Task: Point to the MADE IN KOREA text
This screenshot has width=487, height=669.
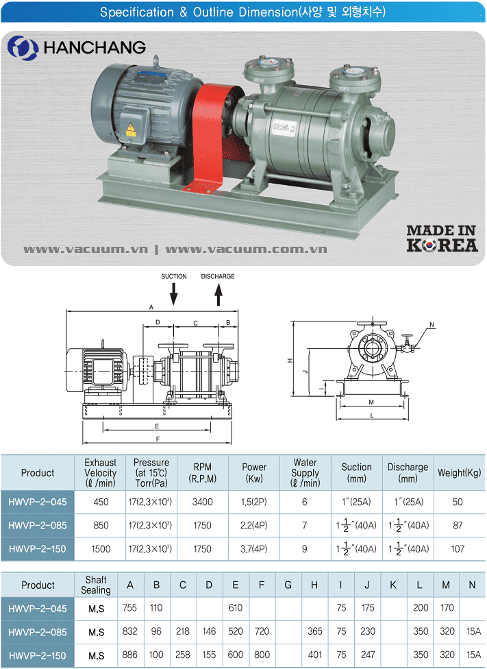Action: pos(442,239)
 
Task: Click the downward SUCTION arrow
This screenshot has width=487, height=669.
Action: pos(173,294)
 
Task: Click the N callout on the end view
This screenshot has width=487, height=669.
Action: pos(432,325)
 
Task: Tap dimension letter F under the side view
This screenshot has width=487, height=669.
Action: pos(158,439)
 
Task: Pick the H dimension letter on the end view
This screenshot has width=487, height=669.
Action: pos(290,361)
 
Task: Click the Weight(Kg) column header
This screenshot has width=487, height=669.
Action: pos(460,473)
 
